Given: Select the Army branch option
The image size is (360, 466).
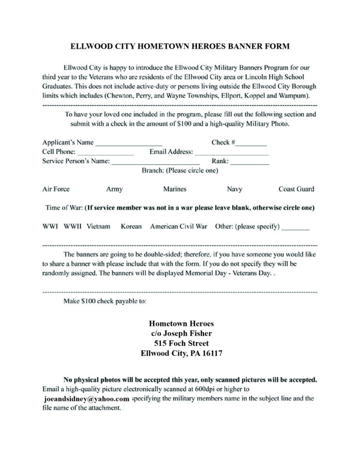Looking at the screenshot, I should pyautogui.click(x=114, y=189).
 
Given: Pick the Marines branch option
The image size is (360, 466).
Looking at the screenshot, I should pyautogui.click(x=175, y=189).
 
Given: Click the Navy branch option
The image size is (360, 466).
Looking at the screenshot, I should pyautogui.click(x=234, y=189).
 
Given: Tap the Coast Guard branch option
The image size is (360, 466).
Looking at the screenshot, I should pyautogui.click(x=296, y=189).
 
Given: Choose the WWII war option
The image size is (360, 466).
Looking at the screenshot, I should pyautogui.click(x=72, y=226).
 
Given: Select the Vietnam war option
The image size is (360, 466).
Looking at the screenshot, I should pyautogui.click(x=98, y=226).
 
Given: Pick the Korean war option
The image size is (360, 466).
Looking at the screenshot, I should pyautogui.click(x=131, y=226).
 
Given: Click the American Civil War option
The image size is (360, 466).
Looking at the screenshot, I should pyautogui.click(x=178, y=226).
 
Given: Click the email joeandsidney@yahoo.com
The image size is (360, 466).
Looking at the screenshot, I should pyautogui.click(x=84, y=399).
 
